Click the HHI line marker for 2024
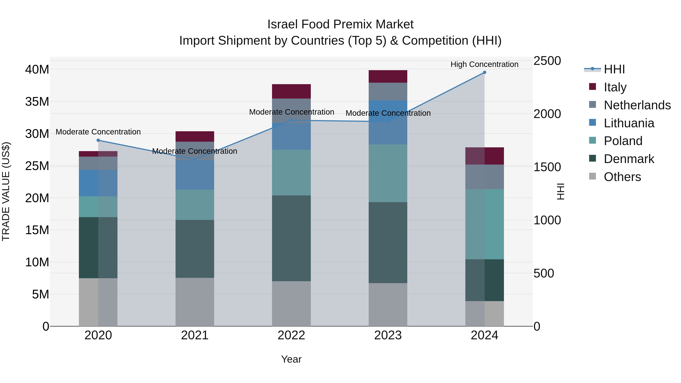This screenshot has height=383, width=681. point(484,72)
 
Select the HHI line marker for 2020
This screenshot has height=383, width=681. point(98,140)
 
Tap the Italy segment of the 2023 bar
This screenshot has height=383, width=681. point(388,76)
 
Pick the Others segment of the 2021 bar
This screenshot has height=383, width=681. point(195,302)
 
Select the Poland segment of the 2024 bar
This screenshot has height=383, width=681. point(484,224)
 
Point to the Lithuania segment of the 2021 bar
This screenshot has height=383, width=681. point(195,175)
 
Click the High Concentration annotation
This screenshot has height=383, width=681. point(484,64)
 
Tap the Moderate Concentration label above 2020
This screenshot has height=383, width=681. point(98,132)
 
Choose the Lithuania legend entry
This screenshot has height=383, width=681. point(629,123)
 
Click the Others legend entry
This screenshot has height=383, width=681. point(622,177)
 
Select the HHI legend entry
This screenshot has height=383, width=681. point(614,69)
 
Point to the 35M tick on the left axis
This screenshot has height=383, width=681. point(37,102)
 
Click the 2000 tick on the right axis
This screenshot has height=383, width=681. point(547,114)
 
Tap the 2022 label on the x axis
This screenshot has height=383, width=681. point(291,335)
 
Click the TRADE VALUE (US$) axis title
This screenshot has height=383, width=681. point(6,191)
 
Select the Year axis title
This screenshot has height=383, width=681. point(291,359)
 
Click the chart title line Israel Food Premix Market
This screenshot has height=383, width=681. point(340,24)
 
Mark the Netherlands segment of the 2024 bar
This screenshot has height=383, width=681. point(484,177)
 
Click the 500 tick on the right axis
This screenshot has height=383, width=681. point(543,273)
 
